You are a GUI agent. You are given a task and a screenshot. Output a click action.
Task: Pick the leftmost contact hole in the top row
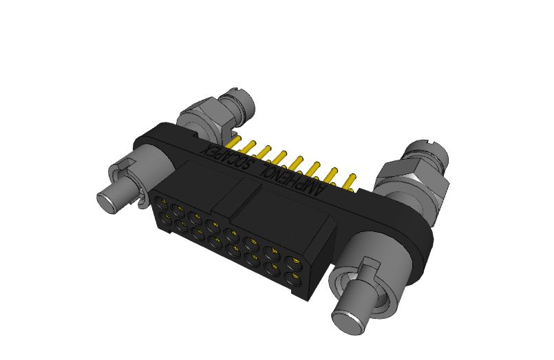point(162,203)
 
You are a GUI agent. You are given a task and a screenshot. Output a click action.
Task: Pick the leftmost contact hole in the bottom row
point(166,219)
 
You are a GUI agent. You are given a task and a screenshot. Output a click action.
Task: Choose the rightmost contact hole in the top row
point(295,263)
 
